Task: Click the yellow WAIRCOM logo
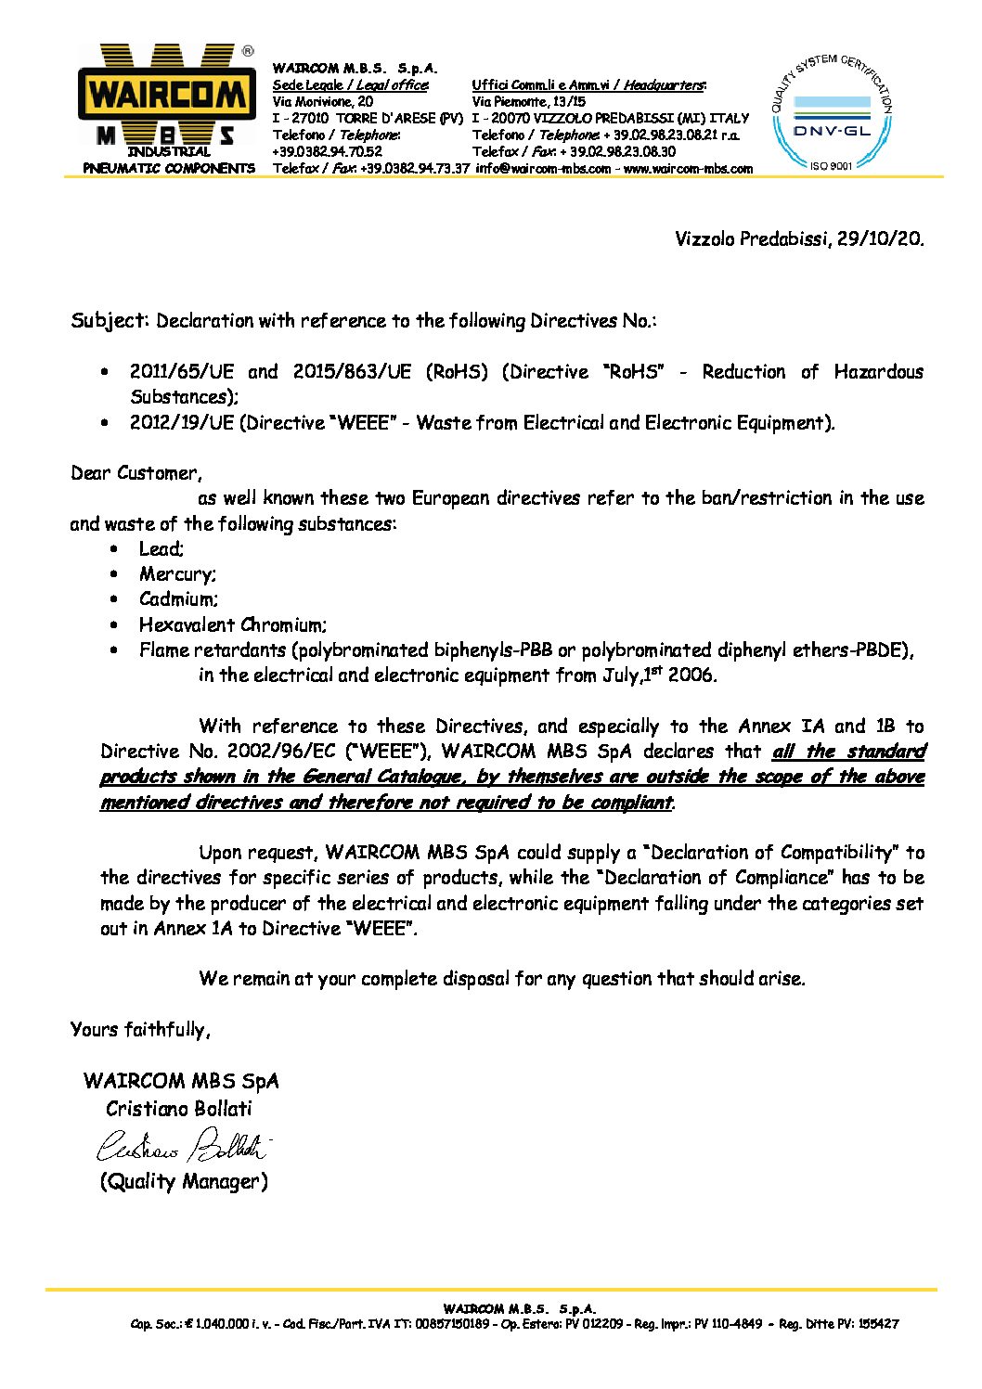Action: (x=168, y=95)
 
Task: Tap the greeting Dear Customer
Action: (x=135, y=473)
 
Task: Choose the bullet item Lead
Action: (x=161, y=549)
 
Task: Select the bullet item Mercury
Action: (x=177, y=574)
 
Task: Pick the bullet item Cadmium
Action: (x=178, y=599)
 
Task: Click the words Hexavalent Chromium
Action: (x=232, y=625)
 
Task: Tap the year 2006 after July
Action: (x=691, y=675)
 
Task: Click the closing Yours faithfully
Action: (x=140, y=1029)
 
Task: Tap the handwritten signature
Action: (x=182, y=1147)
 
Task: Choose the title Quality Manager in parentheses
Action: (x=184, y=1181)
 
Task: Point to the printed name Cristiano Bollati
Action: (x=179, y=1109)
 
